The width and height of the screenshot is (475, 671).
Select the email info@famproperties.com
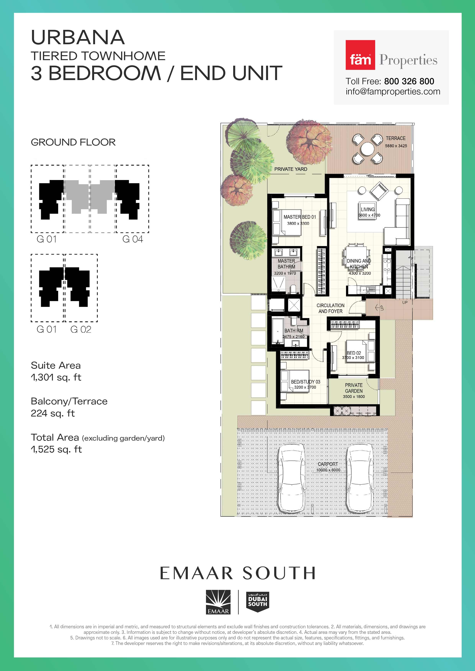click(393, 92)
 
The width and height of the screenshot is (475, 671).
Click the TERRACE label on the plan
click(395, 138)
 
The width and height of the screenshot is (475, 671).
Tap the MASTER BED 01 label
click(299, 217)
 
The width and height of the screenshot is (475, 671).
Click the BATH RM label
click(294, 331)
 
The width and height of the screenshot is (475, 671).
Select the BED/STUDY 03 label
click(305, 382)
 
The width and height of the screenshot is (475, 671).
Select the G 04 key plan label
click(132, 239)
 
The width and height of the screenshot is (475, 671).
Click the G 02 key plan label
click(81, 329)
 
